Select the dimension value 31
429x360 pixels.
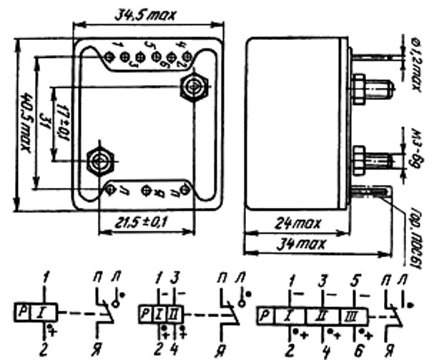click(44, 129)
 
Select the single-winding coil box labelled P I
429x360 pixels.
click(31, 312)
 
